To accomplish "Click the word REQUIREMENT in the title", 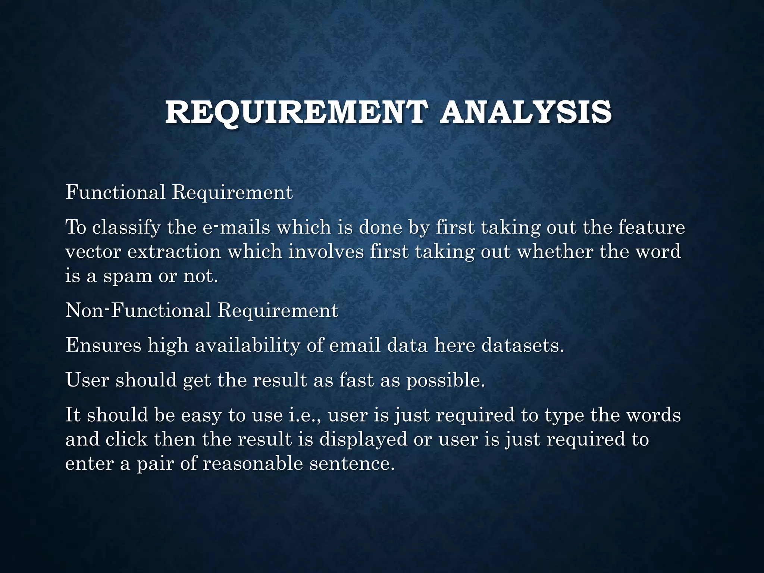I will click(295, 112).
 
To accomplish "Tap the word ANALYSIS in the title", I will click(526, 112).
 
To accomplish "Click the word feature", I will click(651, 228).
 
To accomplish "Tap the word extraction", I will click(174, 252).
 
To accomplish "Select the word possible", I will click(446, 381).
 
